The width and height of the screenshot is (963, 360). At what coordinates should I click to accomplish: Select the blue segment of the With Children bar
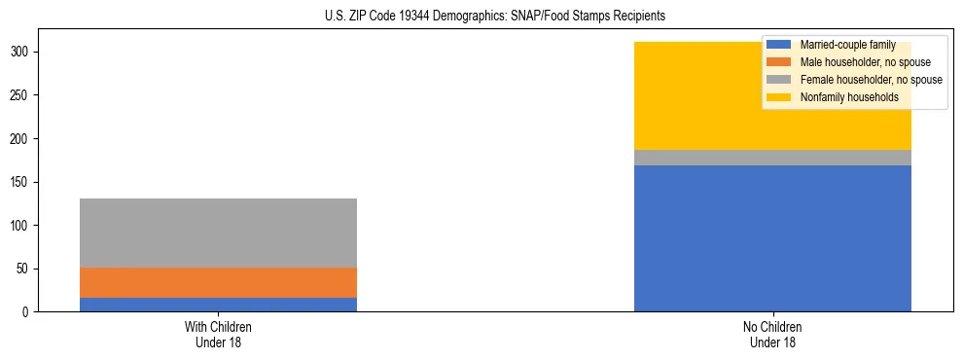[218, 305]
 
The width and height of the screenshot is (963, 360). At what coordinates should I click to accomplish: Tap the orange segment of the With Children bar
[218, 282]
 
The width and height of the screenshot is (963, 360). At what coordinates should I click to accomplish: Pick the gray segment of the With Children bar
[218, 233]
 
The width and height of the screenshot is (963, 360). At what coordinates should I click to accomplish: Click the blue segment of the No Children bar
[772, 238]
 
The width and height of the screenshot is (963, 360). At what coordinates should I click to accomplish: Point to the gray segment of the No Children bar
[772, 158]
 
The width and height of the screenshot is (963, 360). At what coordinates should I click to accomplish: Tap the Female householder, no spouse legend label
[871, 80]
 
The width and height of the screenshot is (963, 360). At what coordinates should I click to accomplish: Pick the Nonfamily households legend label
[849, 97]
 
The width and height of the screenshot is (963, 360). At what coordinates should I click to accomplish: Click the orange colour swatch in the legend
[779, 62]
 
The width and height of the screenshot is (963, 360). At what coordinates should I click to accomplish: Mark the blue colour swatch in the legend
[779, 45]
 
